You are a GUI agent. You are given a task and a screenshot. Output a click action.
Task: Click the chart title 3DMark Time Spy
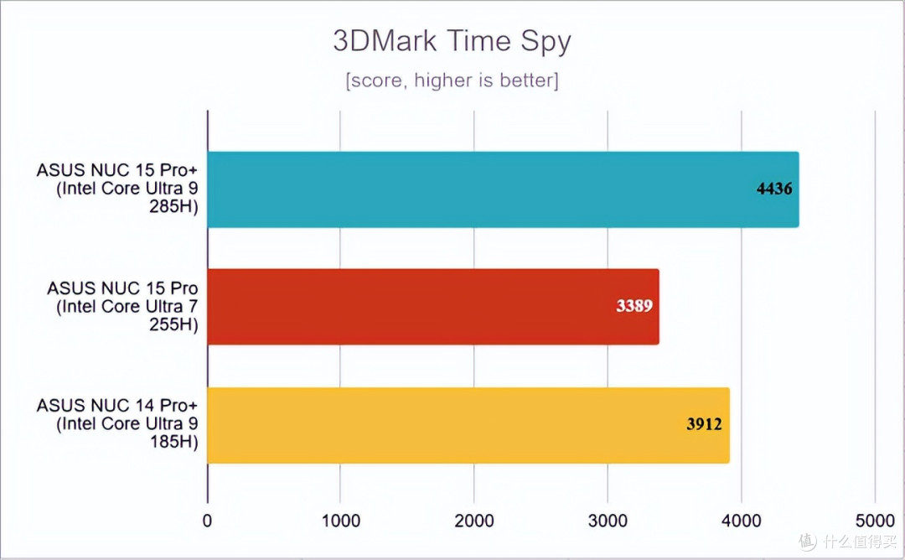click(x=452, y=41)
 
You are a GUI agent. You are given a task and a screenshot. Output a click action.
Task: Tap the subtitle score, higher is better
click(x=452, y=80)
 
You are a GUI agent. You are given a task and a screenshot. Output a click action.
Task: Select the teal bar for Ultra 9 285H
click(x=503, y=189)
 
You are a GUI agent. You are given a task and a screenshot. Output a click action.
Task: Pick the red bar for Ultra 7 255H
click(x=433, y=307)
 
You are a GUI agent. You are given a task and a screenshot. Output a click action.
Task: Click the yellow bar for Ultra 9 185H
click(x=468, y=425)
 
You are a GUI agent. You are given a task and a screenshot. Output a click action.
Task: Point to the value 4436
click(x=774, y=189)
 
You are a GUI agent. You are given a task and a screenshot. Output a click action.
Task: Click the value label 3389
click(x=634, y=305)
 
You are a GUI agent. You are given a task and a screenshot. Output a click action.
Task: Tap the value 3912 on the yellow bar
click(x=704, y=424)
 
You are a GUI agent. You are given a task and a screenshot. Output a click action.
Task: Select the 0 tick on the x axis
click(x=207, y=521)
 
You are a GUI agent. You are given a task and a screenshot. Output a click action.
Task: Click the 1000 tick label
click(x=340, y=521)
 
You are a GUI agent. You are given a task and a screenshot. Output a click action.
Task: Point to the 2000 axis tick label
click(x=473, y=521)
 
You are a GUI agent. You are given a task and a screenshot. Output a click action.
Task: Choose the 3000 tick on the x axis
click(x=608, y=521)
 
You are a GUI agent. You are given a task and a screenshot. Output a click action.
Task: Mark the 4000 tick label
click(x=741, y=521)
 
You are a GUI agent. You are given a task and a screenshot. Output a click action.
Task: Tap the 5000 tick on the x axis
click(x=875, y=521)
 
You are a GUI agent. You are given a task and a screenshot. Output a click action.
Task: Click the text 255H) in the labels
click(x=173, y=324)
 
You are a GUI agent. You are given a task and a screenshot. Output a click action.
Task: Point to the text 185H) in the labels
click(x=174, y=443)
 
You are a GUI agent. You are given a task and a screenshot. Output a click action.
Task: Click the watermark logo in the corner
click(x=808, y=542)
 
